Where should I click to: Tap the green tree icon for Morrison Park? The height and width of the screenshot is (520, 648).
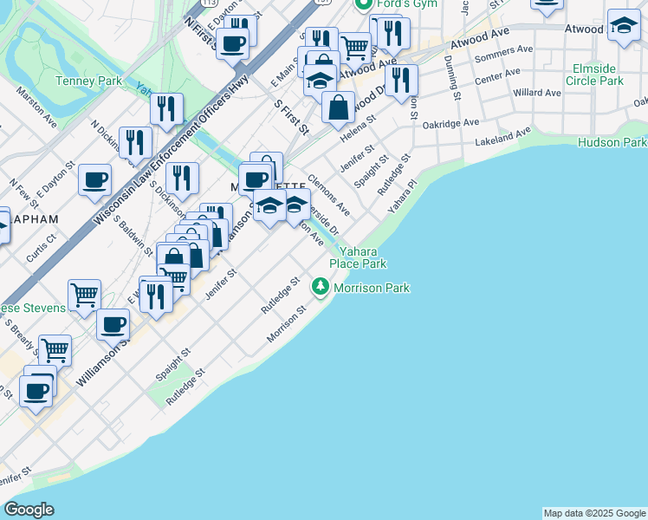tap(321, 286)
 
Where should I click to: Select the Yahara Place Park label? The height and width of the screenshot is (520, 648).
tap(357, 257)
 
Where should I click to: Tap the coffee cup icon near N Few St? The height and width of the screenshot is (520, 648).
tap(94, 180)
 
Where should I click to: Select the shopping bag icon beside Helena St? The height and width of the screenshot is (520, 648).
tap(338, 107)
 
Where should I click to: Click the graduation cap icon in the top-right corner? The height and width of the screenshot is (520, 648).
tap(623, 25)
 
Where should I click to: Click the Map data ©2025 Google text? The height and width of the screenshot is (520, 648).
tap(594, 513)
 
